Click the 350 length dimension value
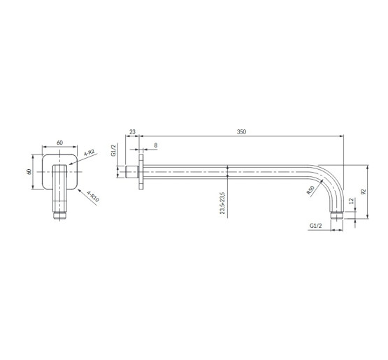[241, 132]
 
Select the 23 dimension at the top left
[132, 132]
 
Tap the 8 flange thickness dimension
[156, 145]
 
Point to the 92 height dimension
[364, 192]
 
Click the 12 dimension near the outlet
[351, 201]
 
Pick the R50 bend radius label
[310, 190]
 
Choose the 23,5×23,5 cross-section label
[223, 203]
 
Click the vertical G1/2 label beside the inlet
[113, 150]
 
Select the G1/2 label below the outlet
[316, 226]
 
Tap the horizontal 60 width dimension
[59, 143]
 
